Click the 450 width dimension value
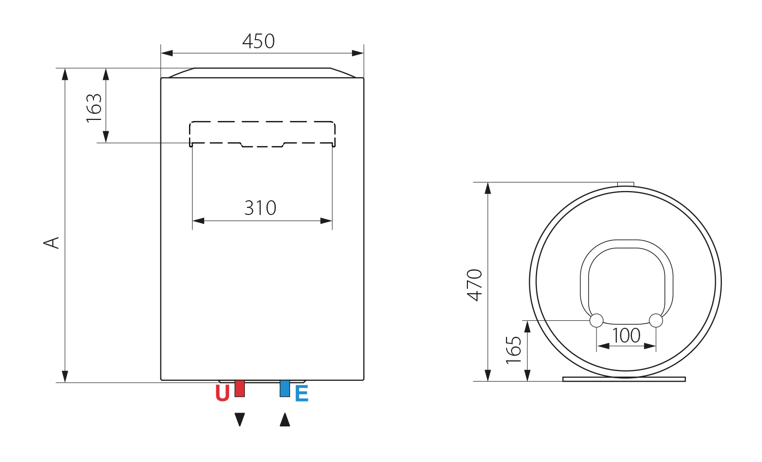259,42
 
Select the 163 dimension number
94,108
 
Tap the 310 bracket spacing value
260,208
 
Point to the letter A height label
51,243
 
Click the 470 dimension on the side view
474,285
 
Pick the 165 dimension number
513,350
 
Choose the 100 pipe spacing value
626,335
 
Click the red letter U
223,393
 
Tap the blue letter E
302,393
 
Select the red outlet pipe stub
240,388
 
